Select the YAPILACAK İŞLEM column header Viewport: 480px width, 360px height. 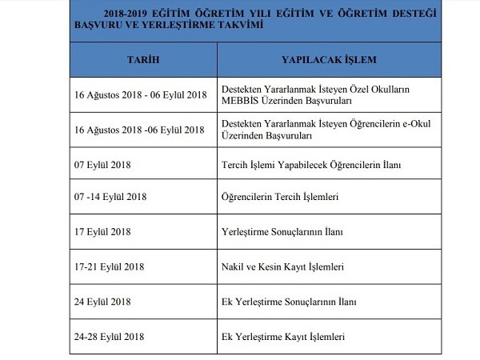(329, 60)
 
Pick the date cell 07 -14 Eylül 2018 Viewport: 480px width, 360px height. (108, 196)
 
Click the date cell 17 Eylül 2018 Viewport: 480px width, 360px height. (100, 232)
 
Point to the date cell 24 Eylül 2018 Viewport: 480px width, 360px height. (100, 302)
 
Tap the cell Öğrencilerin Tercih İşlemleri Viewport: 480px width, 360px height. (280, 196)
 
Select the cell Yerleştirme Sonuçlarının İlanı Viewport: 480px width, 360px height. (281, 232)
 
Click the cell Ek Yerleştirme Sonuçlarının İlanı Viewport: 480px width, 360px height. (287, 302)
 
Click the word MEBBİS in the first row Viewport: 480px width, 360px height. (240, 101)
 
